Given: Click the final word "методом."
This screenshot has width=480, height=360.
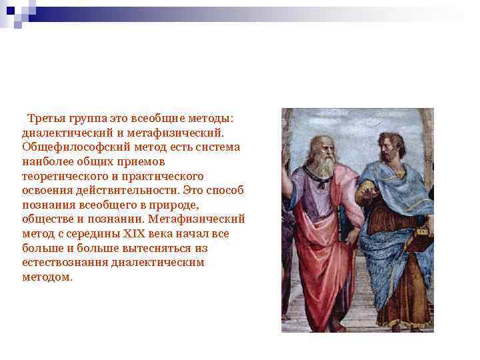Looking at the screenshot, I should pos(47,277).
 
